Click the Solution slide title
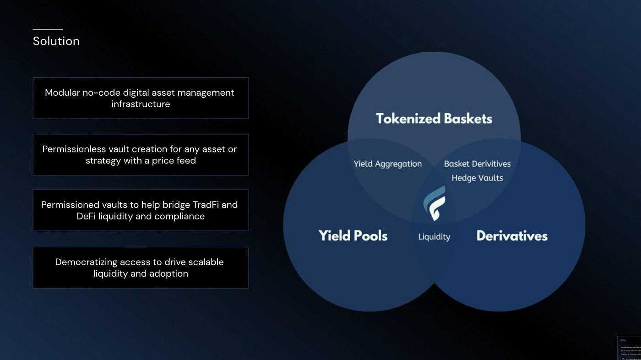[x=56, y=41]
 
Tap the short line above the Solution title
[x=48, y=30]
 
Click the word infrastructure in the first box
[x=141, y=104]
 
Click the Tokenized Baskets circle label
[x=434, y=119]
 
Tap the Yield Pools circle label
[x=353, y=235]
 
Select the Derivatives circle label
[x=512, y=235]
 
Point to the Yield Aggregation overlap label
[x=387, y=164]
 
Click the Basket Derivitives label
[x=477, y=164]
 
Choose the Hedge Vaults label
[x=477, y=178]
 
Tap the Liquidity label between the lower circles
[x=434, y=237]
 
